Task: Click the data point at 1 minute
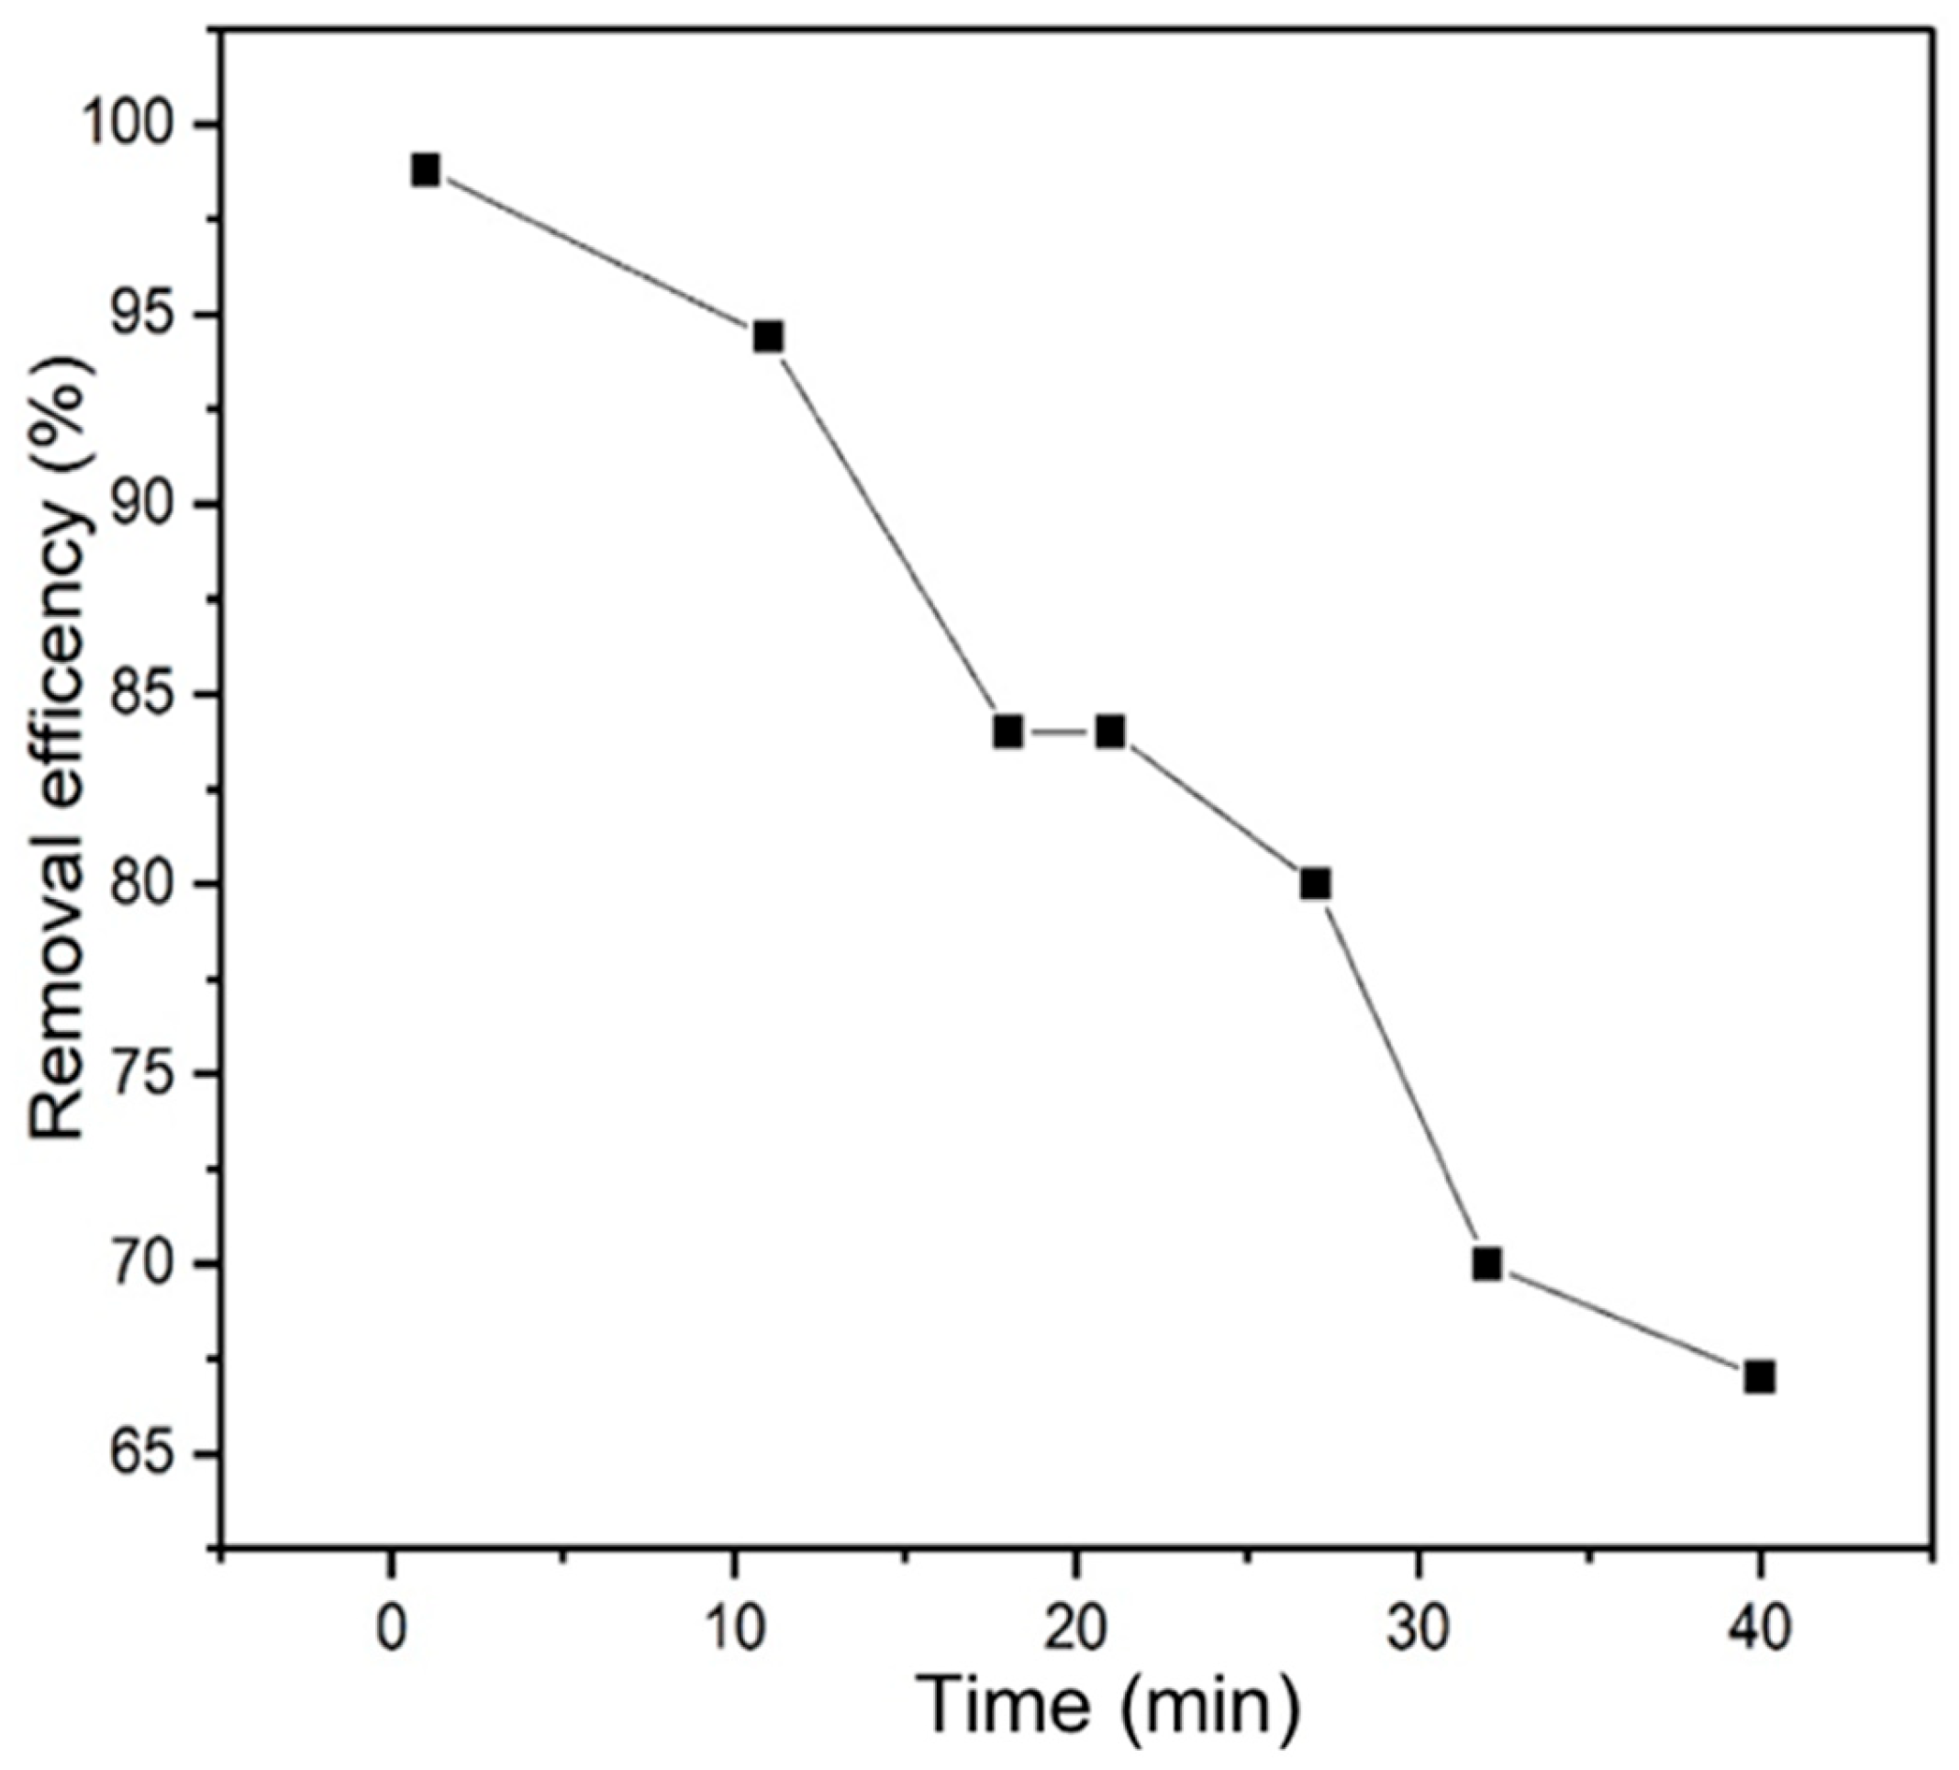(425, 170)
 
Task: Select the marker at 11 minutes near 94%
(768, 337)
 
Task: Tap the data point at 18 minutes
(1008, 731)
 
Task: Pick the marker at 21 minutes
(1110, 731)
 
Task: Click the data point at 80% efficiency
(1316, 884)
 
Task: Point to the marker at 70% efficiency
(1486, 1264)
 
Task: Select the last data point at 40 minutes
(1760, 1377)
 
